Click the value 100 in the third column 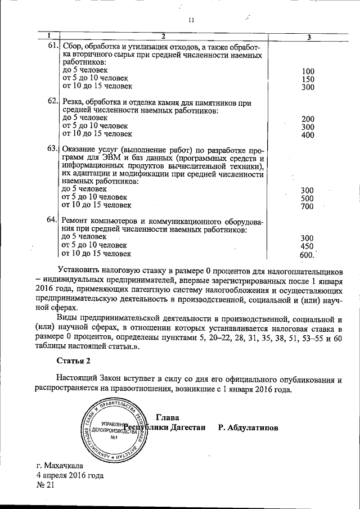pyautogui.click(x=308, y=72)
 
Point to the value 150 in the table pyautogui.click(x=308, y=80)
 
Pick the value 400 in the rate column pyautogui.click(x=308, y=135)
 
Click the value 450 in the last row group pyautogui.click(x=307, y=246)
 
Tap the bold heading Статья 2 pyautogui.click(x=73, y=359)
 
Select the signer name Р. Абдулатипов pyautogui.click(x=248, y=428)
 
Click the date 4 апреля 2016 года pyautogui.click(x=70, y=476)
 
